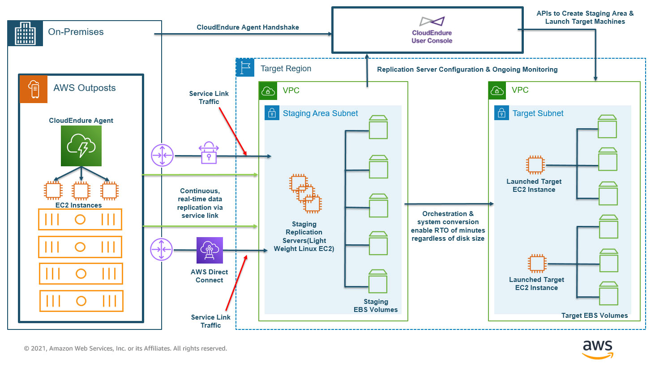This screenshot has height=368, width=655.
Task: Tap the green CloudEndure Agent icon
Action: click(81, 146)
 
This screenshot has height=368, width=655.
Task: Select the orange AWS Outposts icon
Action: click(34, 89)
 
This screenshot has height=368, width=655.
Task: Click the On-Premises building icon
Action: click(26, 34)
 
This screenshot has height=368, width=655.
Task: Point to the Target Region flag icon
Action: click(245, 68)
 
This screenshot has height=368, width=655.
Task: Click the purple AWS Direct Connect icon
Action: click(210, 250)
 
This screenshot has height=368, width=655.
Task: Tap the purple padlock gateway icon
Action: click(209, 153)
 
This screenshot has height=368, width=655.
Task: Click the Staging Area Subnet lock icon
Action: click(272, 113)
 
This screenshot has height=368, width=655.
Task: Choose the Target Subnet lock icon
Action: click(501, 113)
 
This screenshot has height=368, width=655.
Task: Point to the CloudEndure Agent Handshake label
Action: click(248, 27)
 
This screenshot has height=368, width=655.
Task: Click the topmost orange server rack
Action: click(80, 220)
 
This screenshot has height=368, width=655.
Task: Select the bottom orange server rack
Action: click(81, 301)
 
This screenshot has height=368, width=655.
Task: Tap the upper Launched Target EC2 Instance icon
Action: click(535, 165)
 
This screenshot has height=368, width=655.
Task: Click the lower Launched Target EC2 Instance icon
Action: click(537, 263)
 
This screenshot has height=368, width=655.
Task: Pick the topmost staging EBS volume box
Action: click(378, 127)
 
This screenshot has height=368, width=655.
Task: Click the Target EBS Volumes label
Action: click(595, 316)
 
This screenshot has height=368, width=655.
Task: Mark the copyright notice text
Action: click(125, 348)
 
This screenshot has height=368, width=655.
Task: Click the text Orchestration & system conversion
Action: click(448, 218)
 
